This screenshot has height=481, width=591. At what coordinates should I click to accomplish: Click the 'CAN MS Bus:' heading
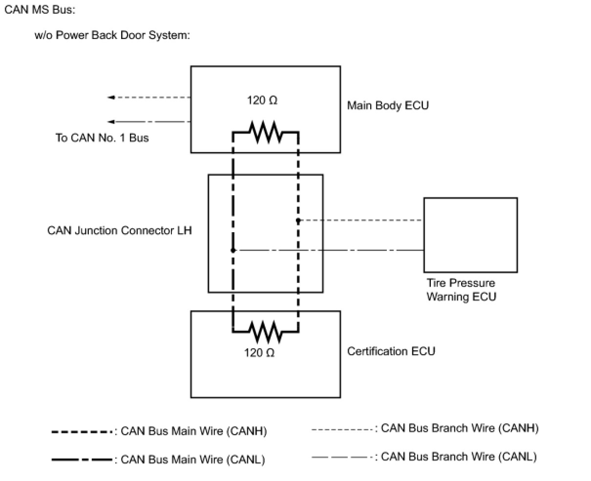coord(40,10)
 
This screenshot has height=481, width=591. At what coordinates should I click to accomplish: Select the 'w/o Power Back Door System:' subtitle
coord(112,36)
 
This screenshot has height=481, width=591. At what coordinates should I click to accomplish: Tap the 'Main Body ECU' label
coord(388,105)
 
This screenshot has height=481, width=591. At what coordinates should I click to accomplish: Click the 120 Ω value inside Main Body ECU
coord(262,100)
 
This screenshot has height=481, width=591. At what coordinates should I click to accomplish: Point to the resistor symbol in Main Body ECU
coord(266,132)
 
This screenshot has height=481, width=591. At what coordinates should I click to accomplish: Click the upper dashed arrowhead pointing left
coord(111,97)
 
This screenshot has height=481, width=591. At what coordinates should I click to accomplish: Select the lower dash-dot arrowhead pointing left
coord(111,121)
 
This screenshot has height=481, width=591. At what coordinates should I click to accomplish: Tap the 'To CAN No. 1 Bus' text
coord(102,138)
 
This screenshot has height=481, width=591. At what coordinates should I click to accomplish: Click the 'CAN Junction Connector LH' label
coord(120,231)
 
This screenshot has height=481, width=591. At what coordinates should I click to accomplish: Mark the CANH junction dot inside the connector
coord(298,220)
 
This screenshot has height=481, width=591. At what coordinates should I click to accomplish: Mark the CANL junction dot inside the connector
coord(233,250)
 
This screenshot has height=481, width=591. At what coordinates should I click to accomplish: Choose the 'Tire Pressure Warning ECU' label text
coord(461,290)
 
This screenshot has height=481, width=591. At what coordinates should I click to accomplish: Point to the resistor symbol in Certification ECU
coord(266,332)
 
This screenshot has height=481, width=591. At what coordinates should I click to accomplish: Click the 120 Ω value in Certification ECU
coord(259,353)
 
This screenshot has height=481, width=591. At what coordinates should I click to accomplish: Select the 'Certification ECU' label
coord(391,351)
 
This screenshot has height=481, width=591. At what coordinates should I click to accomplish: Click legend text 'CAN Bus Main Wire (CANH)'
coord(194,431)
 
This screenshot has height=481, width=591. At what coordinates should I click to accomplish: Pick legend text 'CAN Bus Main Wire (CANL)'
coord(193,460)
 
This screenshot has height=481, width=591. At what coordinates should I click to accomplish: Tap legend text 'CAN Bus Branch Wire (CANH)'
coord(460,428)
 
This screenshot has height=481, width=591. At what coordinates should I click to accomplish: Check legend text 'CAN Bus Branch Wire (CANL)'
coord(459,457)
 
